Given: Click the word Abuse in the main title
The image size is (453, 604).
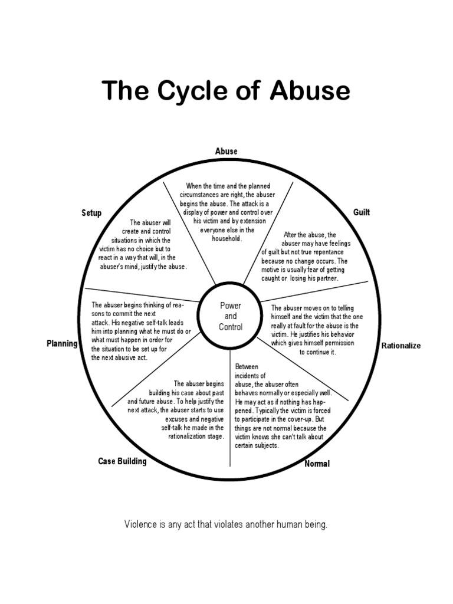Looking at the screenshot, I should (311, 91).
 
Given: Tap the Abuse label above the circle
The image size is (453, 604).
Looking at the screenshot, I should (226, 151).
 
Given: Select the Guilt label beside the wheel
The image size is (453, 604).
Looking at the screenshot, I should (361, 212).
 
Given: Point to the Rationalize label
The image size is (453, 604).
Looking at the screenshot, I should (401, 346).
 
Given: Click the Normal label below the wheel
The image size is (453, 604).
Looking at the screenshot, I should (317, 464).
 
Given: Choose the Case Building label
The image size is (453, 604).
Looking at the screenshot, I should (122, 461).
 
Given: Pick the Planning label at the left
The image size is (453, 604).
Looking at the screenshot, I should (62, 343).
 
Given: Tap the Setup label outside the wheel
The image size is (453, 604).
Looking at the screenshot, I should (91, 213).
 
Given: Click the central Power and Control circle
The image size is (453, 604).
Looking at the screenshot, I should (230, 316).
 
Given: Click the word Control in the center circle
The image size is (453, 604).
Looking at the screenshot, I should (230, 327).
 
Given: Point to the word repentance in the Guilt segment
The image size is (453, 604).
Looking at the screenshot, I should (331, 252).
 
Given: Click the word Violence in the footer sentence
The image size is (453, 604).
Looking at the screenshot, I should (140, 524).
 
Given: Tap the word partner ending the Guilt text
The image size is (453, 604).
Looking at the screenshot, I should (323, 278).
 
